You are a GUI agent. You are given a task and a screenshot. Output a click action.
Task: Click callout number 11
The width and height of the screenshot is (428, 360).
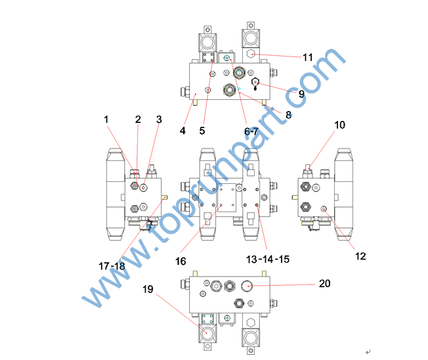(308, 57)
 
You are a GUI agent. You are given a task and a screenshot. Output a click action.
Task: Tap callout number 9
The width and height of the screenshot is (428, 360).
(301, 94)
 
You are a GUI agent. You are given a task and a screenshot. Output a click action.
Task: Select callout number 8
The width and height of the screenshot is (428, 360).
(289, 115)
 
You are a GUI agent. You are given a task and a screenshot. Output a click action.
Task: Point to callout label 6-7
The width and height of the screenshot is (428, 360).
(251, 131)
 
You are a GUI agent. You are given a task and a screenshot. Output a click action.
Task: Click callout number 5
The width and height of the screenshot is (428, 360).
(202, 131)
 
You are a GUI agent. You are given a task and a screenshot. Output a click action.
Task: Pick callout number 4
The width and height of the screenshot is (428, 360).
(182, 131)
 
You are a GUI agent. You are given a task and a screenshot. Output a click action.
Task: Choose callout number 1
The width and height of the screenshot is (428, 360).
(106, 120)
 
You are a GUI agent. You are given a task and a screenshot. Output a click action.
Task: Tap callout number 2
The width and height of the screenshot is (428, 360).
(138, 120)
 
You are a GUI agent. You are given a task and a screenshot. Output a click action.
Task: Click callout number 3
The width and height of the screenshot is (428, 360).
(159, 120)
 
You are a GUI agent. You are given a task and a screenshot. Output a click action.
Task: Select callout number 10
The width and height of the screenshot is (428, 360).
(339, 125)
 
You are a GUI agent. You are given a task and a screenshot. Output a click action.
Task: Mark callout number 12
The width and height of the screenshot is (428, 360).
(360, 256)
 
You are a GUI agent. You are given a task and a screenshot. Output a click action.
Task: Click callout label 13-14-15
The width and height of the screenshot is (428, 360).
(268, 259)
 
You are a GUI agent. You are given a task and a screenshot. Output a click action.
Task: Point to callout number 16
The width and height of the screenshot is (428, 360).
(181, 261)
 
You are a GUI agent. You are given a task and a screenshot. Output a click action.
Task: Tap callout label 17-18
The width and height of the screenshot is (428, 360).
(112, 266)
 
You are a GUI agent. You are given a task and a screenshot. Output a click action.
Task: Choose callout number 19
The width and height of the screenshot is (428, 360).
(148, 289)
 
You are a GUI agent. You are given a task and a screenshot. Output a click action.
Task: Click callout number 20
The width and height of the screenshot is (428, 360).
(324, 284)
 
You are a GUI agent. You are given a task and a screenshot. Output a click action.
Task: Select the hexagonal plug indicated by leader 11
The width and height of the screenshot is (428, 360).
(251, 54)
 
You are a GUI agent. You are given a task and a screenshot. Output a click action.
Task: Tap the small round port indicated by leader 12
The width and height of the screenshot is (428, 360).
(324, 209)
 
